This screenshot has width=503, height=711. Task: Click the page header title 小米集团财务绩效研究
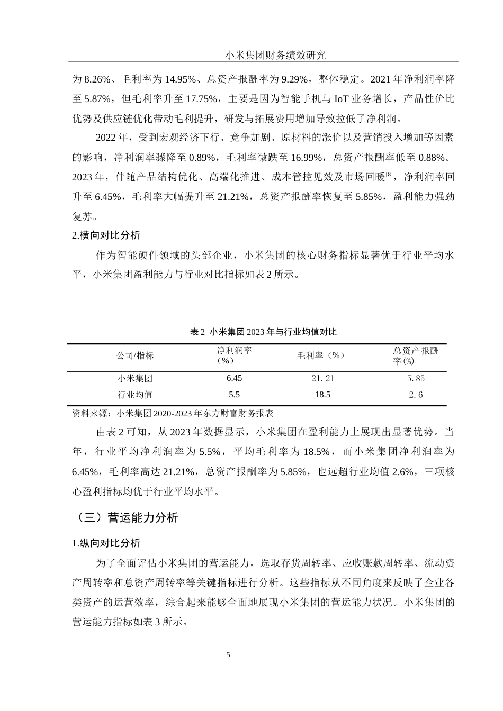click(x=275, y=54)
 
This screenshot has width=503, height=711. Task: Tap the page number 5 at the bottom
click(x=228, y=654)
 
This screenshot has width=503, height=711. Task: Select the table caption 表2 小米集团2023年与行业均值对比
click(x=263, y=332)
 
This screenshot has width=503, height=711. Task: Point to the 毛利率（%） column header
click(x=322, y=355)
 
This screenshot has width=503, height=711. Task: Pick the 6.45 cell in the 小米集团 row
click(x=233, y=378)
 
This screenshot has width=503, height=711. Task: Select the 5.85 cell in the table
click(x=415, y=378)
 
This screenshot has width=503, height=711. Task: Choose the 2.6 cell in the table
click(x=415, y=395)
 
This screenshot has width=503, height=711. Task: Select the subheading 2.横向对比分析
click(x=106, y=235)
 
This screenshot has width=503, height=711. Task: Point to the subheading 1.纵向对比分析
click(x=106, y=543)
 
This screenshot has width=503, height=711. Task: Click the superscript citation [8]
click(x=389, y=174)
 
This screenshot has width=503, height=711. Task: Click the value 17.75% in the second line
click(x=202, y=99)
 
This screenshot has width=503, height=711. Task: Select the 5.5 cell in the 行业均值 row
click(x=233, y=395)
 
